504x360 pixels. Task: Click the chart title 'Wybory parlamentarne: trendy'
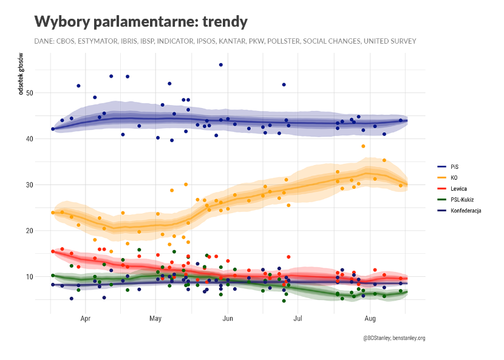tap(141, 22)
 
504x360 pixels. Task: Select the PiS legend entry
tap(454, 166)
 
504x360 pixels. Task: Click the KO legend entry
tap(454, 177)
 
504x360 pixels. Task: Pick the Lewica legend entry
tap(457, 188)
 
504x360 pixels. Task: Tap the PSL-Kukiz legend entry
tap(460, 199)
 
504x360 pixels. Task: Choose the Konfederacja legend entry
tap(466, 210)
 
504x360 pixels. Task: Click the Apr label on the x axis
tap(85, 318)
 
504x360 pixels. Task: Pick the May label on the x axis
tap(155, 318)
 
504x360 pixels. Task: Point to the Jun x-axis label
tap(228, 318)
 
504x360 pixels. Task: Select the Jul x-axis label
tap(298, 318)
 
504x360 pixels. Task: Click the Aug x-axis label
tap(370, 318)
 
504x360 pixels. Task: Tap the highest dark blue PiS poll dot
tap(221, 64)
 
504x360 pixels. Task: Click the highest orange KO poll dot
tap(363, 146)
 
